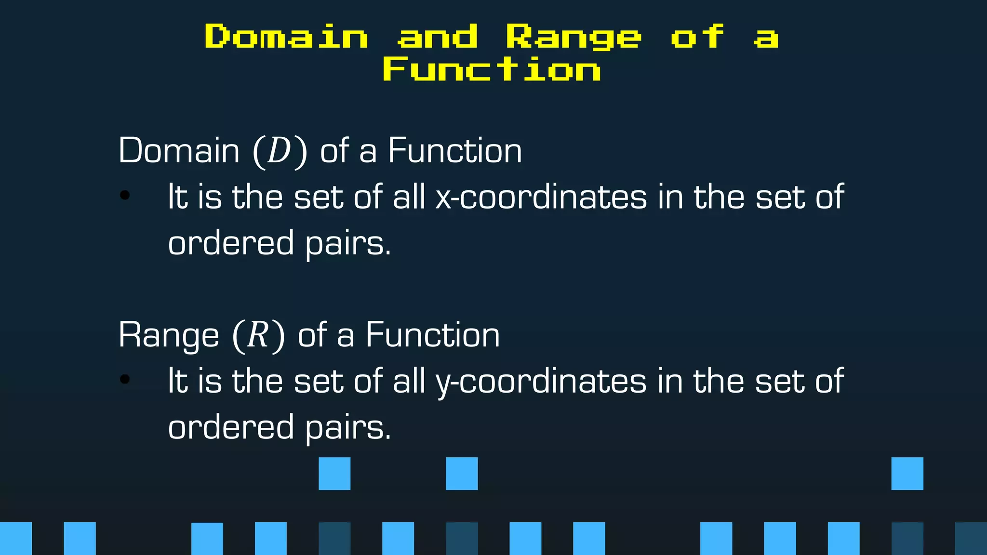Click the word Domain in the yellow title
pyautogui.click(x=286, y=36)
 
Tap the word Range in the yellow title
pyautogui.click(x=574, y=37)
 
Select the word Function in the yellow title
pyautogui.click(x=492, y=69)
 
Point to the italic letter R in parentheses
pyautogui.click(x=258, y=335)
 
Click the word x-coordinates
pyautogui.click(x=541, y=197)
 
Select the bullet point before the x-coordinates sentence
pyautogui.click(x=125, y=195)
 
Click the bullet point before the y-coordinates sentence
pyautogui.click(x=125, y=379)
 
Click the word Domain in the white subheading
pyautogui.click(x=179, y=151)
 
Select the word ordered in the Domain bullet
pyautogui.click(x=231, y=243)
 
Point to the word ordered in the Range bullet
pyautogui.click(x=231, y=427)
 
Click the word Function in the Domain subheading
pyautogui.click(x=454, y=151)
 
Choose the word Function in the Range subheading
pyautogui.click(x=432, y=335)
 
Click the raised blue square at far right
pyautogui.click(x=907, y=474)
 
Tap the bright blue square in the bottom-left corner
pyautogui.click(x=16, y=538)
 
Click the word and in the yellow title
pyautogui.click(x=437, y=36)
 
